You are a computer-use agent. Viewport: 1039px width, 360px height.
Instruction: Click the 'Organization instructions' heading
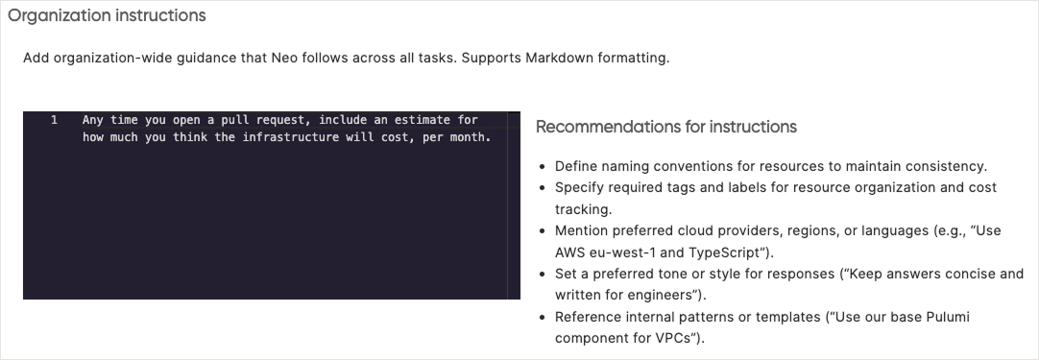click(107, 16)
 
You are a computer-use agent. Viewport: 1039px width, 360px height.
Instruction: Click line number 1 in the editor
click(55, 120)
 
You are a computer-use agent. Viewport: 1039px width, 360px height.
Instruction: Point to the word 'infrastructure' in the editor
click(289, 136)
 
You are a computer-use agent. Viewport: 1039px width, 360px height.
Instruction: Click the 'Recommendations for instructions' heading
click(665, 127)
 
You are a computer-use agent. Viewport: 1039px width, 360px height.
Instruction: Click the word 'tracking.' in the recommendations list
click(584, 208)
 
